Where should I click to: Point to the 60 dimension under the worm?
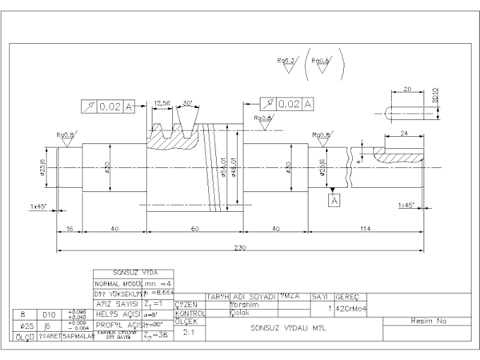point(194,229)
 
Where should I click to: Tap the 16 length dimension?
point(69,229)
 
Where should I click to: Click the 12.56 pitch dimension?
point(162,103)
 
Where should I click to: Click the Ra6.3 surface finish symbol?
point(286,61)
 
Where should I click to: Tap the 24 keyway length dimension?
point(404,132)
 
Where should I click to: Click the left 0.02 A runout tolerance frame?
point(107,107)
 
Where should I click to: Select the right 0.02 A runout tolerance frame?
point(287,104)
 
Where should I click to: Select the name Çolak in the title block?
point(240,313)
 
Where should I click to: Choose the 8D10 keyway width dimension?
point(436,95)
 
